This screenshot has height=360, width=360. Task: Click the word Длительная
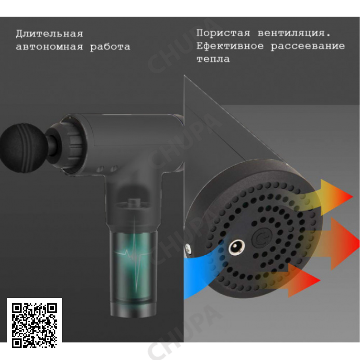pyautogui.click(x=49, y=33)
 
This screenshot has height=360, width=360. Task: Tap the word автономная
pyautogui.click(x=49, y=47)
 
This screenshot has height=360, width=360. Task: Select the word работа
pyautogui.click(x=110, y=47)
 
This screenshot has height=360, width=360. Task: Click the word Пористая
pyautogui.click(x=223, y=33)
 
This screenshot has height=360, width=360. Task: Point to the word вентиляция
pyautogui.click(x=294, y=33)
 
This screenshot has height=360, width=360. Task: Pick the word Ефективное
pyautogui.click(x=230, y=46)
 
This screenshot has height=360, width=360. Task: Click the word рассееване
pyautogui.click(x=308, y=46)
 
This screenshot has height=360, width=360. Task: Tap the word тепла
pyautogui.click(x=213, y=59)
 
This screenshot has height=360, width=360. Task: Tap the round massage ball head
pyautogui.click(x=23, y=148)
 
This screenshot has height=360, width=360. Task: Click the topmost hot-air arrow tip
pyautogui.click(x=352, y=197)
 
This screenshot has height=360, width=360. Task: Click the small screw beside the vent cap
pyautogui.click(x=188, y=249)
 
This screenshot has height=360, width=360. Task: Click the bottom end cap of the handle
pyautogui.click(x=133, y=309)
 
